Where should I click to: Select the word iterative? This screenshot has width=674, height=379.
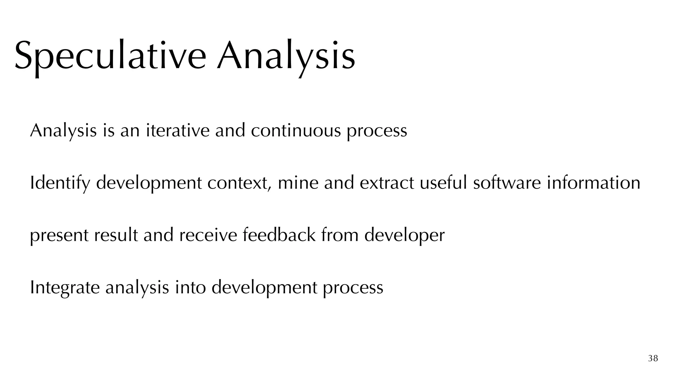[x=178, y=130]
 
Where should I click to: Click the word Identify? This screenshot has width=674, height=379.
[x=60, y=183]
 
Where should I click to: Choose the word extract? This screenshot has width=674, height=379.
[x=387, y=183]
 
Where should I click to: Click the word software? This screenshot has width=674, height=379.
[x=507, y=183]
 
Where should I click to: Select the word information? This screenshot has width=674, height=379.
[x=593, y=183]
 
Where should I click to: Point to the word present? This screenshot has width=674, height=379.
[x=59, y=236]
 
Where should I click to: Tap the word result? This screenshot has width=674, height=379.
[x=116, y=236]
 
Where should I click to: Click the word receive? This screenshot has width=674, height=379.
[x=208, y=236]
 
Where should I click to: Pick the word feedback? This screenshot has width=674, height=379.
[x=279, y=236]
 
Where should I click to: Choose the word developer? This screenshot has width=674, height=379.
[x=404, y=236]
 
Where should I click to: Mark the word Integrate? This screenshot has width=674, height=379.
[x=65, y=288]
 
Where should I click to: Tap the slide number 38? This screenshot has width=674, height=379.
[x=653, y=358]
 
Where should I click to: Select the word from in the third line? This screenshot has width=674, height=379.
[x=340, y=236]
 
